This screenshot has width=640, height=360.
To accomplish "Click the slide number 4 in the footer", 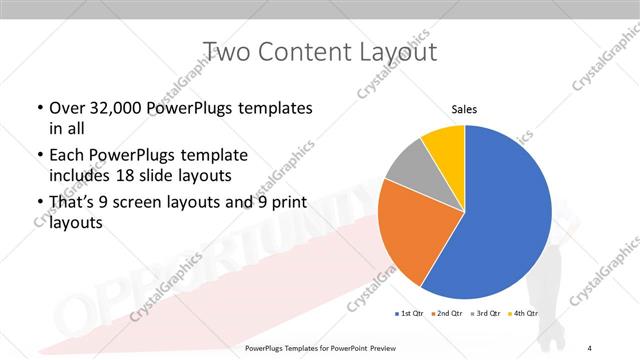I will (x=590, y=348).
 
